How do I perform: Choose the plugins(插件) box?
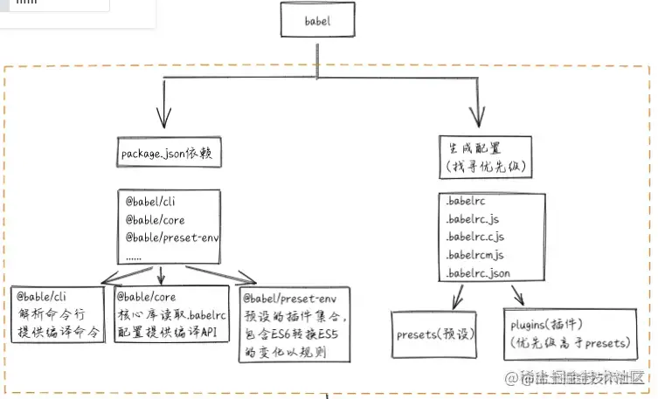(569, 334)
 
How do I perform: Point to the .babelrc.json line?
(477, 273)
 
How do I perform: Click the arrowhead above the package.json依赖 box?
(163, 118)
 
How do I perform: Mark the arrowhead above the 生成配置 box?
(479, 118)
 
